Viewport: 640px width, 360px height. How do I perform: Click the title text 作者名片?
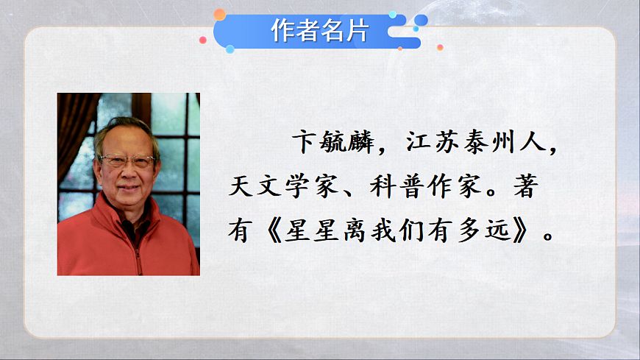tap(318, 31)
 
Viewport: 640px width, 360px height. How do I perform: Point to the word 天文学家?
tap(274, 187)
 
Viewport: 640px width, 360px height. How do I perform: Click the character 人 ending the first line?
tap(537, 143)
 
